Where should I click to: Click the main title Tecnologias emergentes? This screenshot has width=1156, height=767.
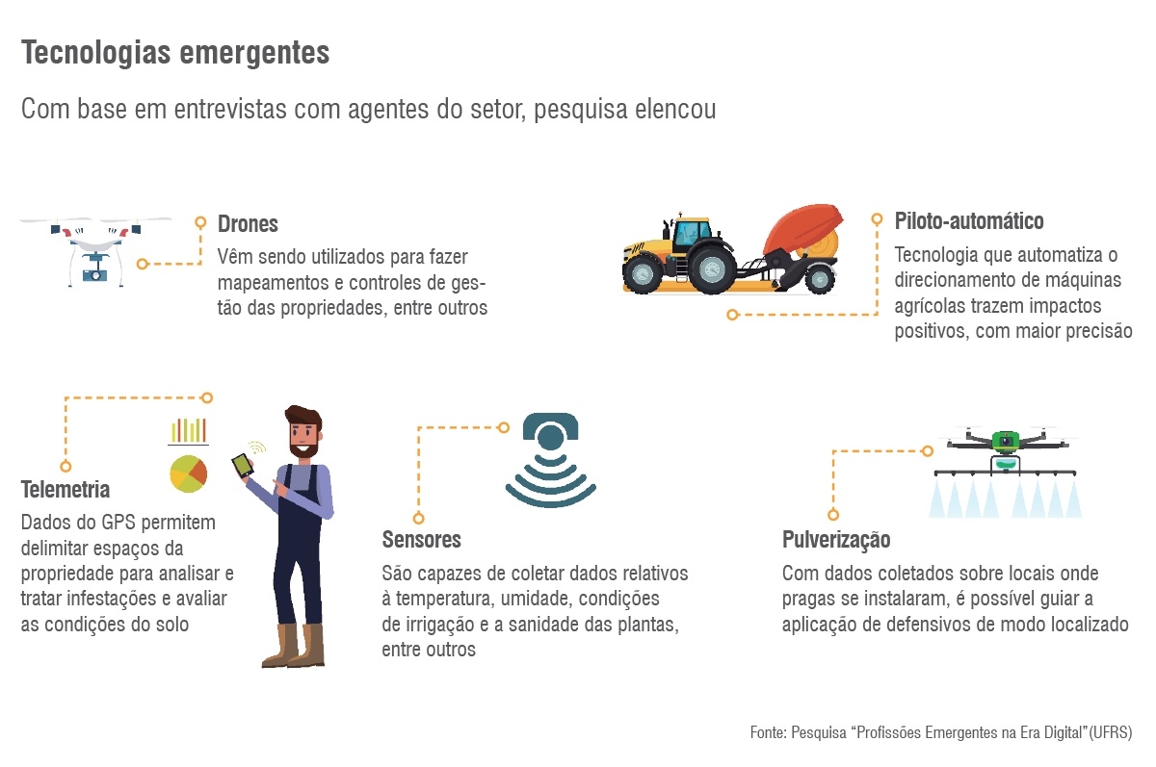(175, 54)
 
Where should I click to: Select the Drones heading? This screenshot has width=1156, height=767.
(248, 224)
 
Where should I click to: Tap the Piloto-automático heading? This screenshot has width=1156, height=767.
(969, 221)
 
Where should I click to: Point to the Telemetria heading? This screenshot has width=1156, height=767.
(66, 490)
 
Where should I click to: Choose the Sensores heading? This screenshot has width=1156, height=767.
(421, 539)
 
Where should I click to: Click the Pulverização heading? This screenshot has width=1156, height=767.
(836, 540)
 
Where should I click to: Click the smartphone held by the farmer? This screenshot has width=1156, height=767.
(242, 466)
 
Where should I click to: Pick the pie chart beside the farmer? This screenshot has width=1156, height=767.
(188, 473)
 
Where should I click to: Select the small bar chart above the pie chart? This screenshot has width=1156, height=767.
(189, 430)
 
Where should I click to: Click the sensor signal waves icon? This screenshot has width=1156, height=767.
(550, 462)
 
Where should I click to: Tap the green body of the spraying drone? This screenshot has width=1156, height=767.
(1006, 442)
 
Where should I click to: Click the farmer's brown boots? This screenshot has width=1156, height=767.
(294, 647)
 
